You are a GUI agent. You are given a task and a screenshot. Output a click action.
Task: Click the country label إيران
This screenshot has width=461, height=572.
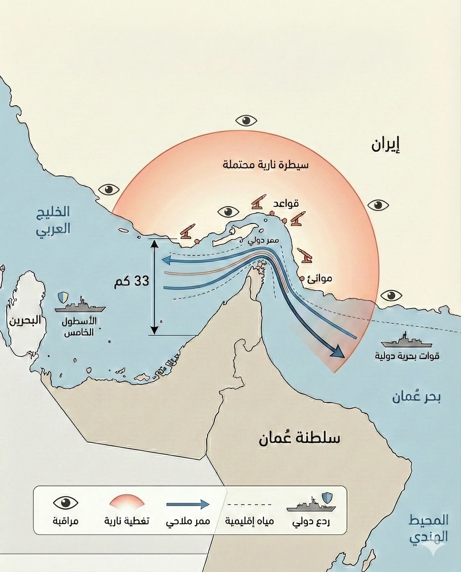click(x=385, y=145)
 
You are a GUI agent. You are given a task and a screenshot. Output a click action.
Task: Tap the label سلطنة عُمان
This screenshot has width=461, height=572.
click(x=299, y=438)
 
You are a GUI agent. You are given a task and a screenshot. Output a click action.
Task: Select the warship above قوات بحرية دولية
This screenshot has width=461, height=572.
click(x=407, y=341)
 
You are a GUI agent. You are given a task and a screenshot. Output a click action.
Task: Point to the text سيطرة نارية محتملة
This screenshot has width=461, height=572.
click(x=266, y=165)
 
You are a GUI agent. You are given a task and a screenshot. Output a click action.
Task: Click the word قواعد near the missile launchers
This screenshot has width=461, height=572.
click(x=286, y=204)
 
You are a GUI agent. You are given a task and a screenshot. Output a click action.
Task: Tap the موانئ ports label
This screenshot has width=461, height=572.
click(x=320, y=279)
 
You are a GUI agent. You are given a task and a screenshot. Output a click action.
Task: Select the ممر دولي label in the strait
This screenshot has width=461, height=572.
click(x=263, y=241)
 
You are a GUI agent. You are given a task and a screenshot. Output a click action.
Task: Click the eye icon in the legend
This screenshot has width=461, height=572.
click(x=66, y=503)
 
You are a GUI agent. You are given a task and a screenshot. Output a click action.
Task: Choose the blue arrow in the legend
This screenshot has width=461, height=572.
click(x=188, y=504)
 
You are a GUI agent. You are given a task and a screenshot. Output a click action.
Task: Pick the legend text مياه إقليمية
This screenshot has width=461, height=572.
click(x=249, y=521)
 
